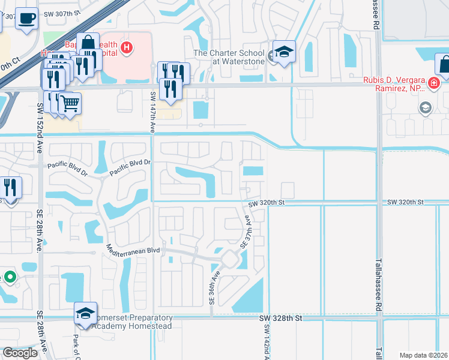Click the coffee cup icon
coord(26,18)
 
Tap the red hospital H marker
coord(126,47)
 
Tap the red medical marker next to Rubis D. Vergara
coord(432,83)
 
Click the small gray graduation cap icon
coord(425,107)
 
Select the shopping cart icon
coord(70,103)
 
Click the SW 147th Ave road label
coord(152,112)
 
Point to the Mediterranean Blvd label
coord(133,248)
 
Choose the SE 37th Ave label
coord(245,233)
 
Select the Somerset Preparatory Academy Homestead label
coord(131,322)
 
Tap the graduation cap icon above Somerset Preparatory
coord(85,313)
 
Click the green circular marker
coord(10,277)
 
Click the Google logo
coord(20,352)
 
